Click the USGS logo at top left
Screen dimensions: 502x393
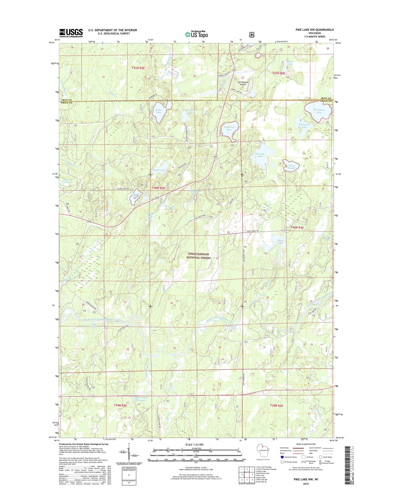[71, 33]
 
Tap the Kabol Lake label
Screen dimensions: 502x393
[159, 111]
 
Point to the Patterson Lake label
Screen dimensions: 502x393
[229, 128]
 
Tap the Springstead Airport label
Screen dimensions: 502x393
[243, 83]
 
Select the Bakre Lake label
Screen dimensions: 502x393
[280, 242]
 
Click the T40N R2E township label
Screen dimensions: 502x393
[159, 188]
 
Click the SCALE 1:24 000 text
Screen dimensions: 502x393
[194, 445]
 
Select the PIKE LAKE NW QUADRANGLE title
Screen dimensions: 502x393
[315, 30]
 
